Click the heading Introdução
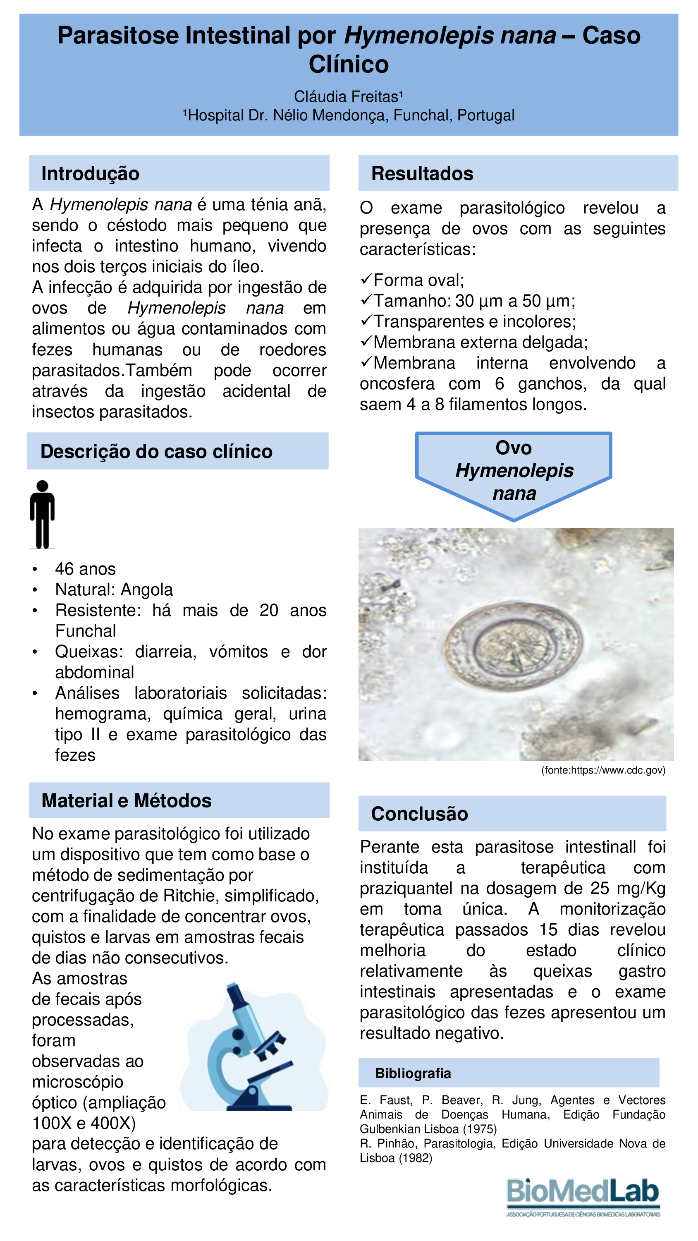90,173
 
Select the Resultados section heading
422,173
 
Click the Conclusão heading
419,814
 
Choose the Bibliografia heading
413,1073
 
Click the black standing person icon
43,514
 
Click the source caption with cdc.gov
603,770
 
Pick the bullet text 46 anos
85,569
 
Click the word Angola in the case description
146,589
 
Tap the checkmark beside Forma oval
366,279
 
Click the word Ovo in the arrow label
514,448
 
